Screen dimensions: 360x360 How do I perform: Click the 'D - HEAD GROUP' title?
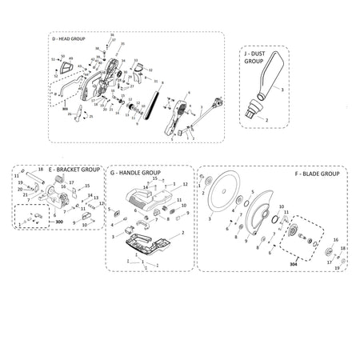[x=80, y=38]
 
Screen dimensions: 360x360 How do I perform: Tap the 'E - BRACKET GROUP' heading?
[x=74, y=170]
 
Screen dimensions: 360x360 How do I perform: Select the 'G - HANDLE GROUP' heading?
[x=135, y=173]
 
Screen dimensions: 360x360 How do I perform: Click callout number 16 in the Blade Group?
[x=335, y=239]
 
